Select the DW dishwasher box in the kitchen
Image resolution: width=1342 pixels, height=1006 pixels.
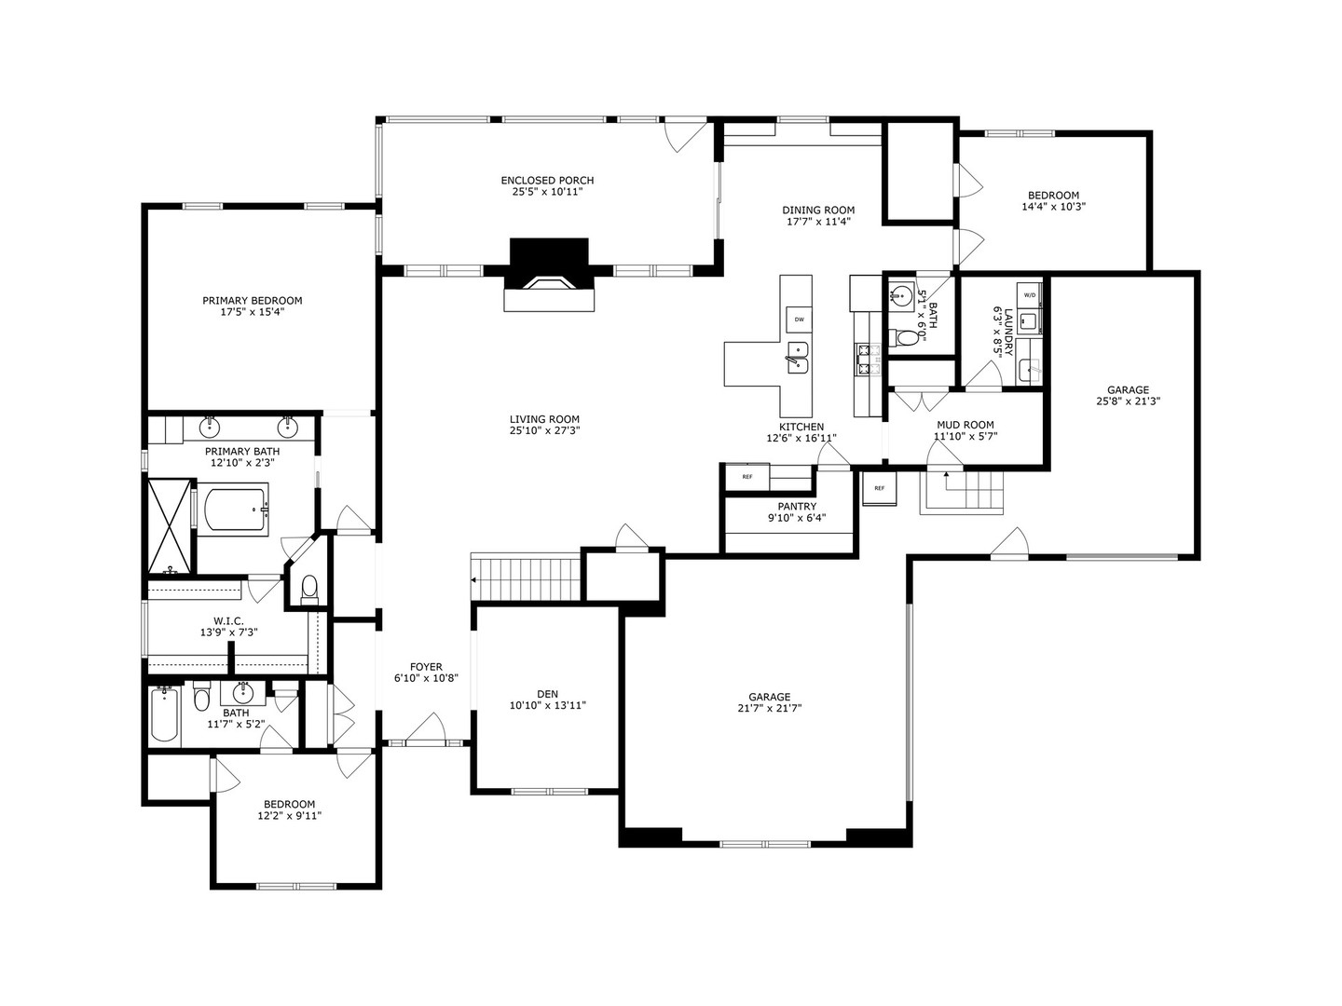[799, 319]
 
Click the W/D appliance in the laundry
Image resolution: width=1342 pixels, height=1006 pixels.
[1030, 295]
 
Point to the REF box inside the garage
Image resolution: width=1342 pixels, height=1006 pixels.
[879, 488]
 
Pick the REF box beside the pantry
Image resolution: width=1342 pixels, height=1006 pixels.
[747, 477]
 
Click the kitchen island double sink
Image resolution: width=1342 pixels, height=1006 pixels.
[797, 358]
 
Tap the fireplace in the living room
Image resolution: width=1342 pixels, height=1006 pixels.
[549, 275]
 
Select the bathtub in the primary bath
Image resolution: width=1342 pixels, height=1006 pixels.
[237, 509]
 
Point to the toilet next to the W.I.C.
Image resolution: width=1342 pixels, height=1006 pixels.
[309, 589]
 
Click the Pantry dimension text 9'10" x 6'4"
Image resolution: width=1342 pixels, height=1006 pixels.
[797, 518]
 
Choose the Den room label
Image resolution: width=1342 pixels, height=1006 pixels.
[547, 693]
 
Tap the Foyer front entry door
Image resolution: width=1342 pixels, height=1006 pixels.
[426, 729]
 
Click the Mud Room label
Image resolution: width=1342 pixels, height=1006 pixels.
[965, 425]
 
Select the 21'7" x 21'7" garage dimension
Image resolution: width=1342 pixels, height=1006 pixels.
[770, 708]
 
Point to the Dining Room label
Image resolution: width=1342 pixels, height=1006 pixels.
[818, 211]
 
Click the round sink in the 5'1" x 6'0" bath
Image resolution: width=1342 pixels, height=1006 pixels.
[900, 295]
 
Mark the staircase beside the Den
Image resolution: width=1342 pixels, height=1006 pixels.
[526, 577]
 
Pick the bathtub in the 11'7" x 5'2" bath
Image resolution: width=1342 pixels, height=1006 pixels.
[164, 714]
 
